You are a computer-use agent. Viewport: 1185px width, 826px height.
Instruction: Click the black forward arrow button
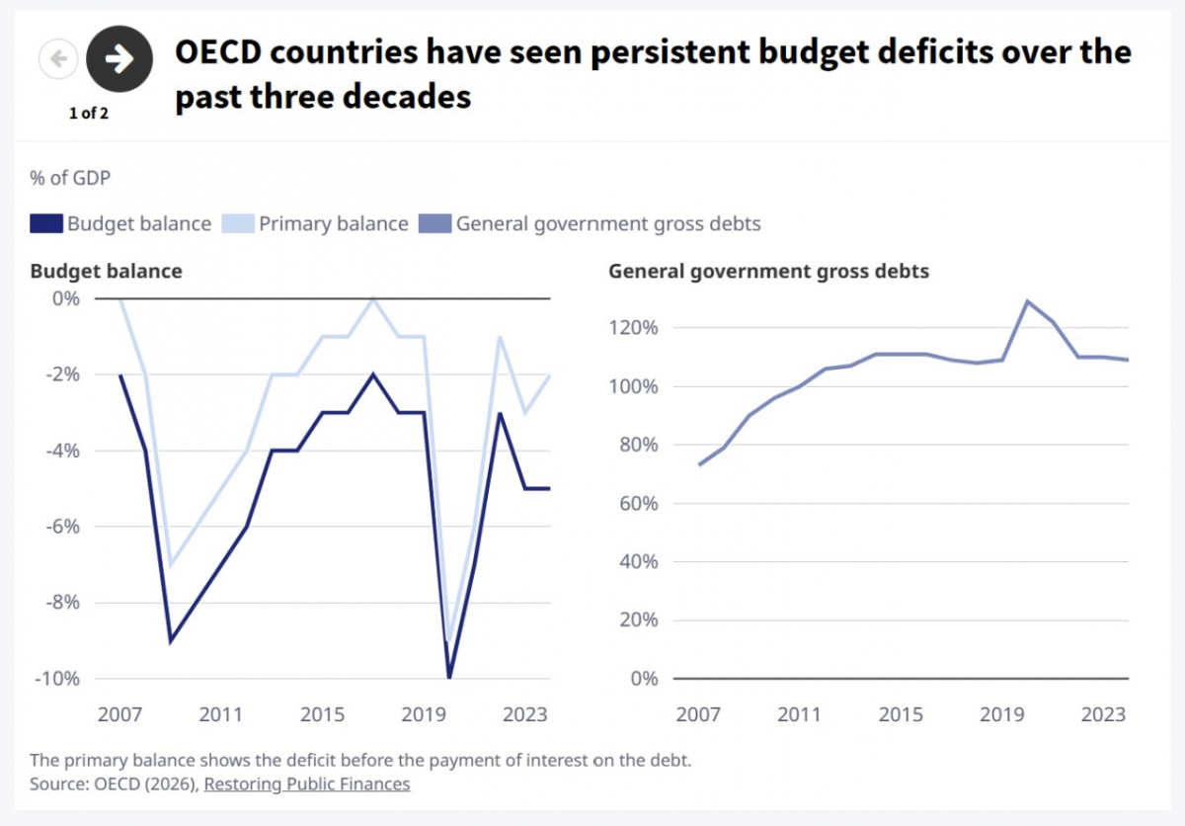coord(119,58)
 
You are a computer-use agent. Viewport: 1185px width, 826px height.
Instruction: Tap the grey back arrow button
coord(58,58)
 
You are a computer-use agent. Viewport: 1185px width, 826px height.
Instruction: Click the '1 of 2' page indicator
coord(88,114)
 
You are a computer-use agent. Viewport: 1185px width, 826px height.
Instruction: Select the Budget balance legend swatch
coord(46,223)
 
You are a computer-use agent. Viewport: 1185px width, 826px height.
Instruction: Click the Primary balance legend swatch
coord(238,223)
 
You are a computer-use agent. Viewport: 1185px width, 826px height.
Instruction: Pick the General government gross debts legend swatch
coord(434,223)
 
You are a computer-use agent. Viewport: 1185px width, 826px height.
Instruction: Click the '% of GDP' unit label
coord(70,178)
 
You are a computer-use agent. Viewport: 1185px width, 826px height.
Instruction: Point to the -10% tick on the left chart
coord(57,679)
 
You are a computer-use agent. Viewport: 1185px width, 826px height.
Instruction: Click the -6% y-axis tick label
coord(63,527)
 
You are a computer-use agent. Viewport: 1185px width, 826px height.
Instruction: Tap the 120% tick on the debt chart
coord(633,328)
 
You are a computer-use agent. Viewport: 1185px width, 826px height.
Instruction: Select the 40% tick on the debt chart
coord(639,561)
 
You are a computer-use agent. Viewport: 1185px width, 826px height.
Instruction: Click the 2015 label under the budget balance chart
coord(322,714)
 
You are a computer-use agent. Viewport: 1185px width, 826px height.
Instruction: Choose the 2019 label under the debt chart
coord(1002,714)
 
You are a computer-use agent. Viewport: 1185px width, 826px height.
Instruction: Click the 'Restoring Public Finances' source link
coord(307,784)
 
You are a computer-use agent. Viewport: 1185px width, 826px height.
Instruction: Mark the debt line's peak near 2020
coord(1027,301)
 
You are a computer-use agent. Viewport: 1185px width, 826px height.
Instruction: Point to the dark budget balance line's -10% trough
coord(449,677)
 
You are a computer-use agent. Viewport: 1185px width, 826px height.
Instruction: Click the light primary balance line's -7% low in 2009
coord(170,564)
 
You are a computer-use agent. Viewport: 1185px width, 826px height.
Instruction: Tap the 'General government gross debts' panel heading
coord(768,271)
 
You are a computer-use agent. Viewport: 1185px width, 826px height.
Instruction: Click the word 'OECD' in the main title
coord(218,51)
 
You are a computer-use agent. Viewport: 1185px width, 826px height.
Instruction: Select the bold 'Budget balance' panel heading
coord(106,271)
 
